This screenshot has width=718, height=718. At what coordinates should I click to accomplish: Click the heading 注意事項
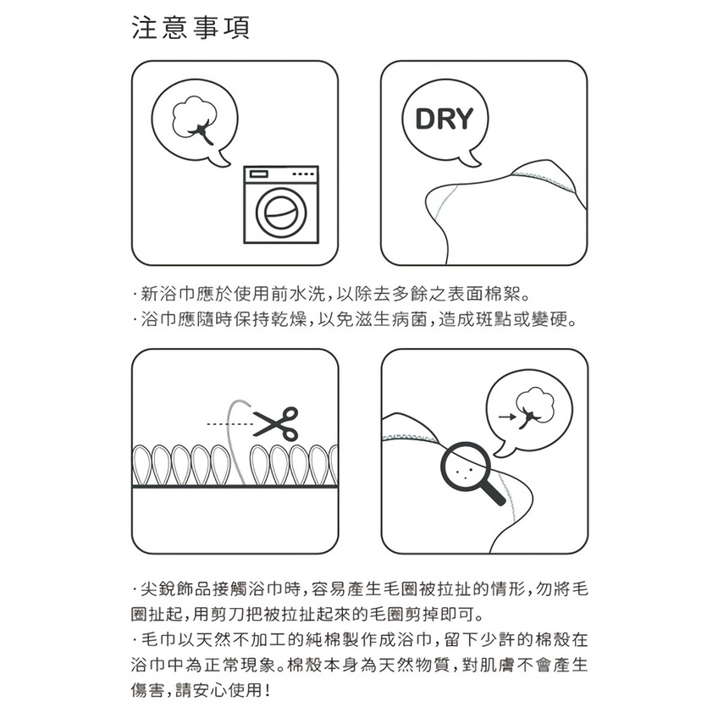click(191, 27)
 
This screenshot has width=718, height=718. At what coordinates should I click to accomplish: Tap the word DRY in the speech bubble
click(444, 119)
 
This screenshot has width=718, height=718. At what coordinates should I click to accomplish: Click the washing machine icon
click(281, 204)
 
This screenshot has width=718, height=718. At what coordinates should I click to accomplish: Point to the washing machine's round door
click(281, 213)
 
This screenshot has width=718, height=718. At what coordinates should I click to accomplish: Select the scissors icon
click(277, 424)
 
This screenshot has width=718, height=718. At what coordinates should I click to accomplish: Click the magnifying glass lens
click(466, 467)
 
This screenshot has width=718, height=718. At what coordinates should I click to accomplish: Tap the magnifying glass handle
click(494, 494)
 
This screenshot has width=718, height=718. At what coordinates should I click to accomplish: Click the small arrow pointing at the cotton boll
click(507, 417)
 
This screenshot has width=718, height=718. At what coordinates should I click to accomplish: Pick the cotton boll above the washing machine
click(194, 120)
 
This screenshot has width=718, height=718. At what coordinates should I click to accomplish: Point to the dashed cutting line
click(229, 424)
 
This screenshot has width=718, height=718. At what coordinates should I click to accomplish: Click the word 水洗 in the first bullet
click(307, 294)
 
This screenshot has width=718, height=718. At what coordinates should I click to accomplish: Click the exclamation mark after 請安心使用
click(268, 689)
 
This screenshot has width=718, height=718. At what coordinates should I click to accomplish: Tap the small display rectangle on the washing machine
click(258, 174)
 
